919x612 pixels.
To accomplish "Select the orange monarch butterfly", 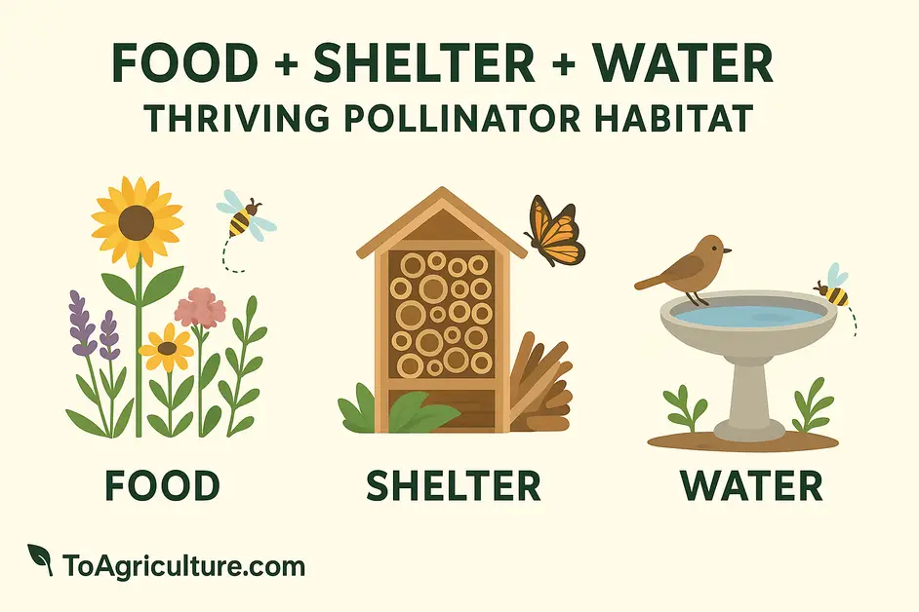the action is [554, 231].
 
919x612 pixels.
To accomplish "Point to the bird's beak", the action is [728, 251].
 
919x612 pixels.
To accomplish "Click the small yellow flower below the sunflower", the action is [167, 349].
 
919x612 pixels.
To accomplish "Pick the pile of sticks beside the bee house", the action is [540, 385].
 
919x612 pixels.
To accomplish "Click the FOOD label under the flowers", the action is [162, 485].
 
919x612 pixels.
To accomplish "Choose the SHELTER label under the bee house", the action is [454, 485].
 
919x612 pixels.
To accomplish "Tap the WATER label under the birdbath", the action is [751, 485].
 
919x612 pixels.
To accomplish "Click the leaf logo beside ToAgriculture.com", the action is [40, 559].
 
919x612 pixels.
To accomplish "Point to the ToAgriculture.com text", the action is [183, 566].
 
